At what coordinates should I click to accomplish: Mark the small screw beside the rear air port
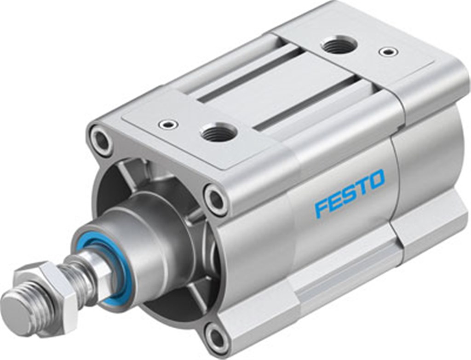(388, 51)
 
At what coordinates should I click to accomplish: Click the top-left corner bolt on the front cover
(101, 140)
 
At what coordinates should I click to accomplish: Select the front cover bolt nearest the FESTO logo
(215, 200)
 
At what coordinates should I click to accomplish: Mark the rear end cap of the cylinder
(428, 152)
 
